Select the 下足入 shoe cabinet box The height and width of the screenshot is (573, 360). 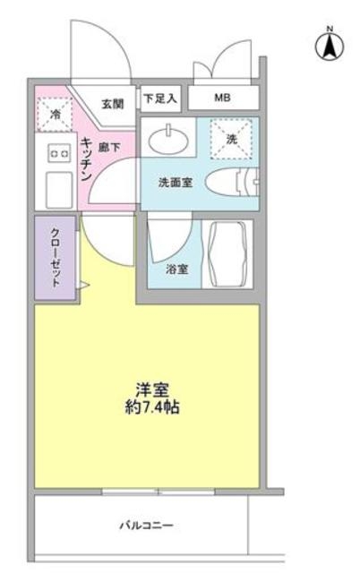coord(160,97)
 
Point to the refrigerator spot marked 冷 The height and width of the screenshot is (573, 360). coord(53,114)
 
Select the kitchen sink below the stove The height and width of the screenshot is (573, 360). coord(57,189)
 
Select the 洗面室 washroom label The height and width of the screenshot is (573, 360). coord(175,184)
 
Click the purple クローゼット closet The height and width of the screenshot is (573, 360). coord(54,257)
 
